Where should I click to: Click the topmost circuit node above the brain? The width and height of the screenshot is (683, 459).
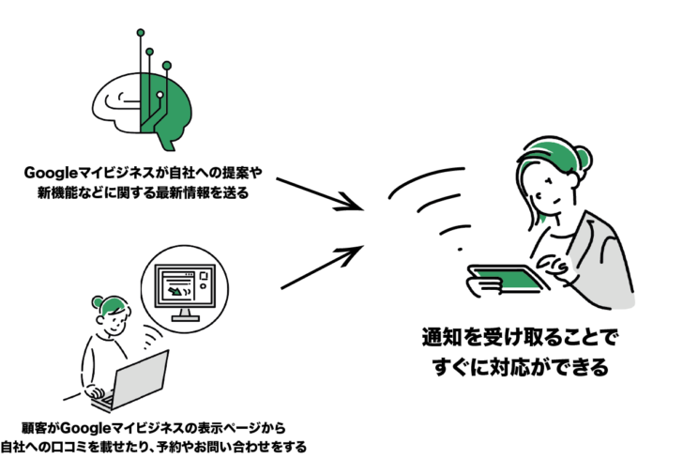tap(141, 33)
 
